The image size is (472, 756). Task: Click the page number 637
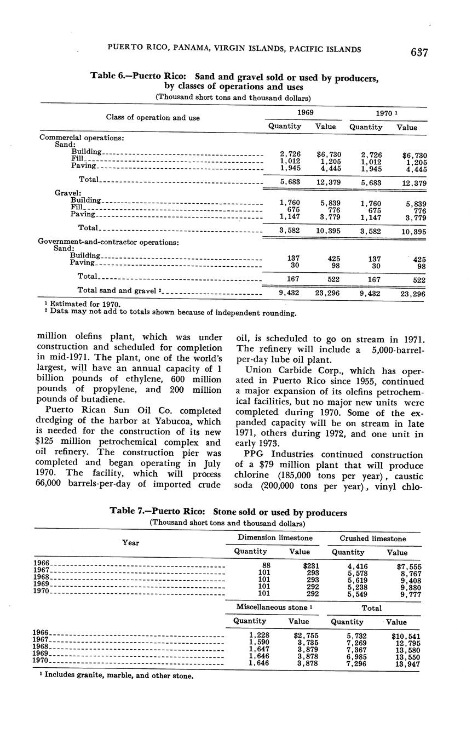419,52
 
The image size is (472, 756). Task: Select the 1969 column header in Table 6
305,112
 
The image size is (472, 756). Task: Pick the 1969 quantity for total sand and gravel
289,293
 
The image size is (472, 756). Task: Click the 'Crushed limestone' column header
373,539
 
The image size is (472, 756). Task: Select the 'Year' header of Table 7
130,542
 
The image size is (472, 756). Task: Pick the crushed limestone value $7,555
409,566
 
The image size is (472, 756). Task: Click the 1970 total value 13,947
407,663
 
